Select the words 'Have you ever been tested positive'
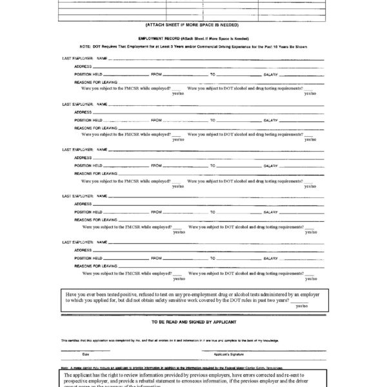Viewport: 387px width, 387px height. click(103, 293)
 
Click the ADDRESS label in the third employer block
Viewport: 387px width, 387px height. click(82, 157)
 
